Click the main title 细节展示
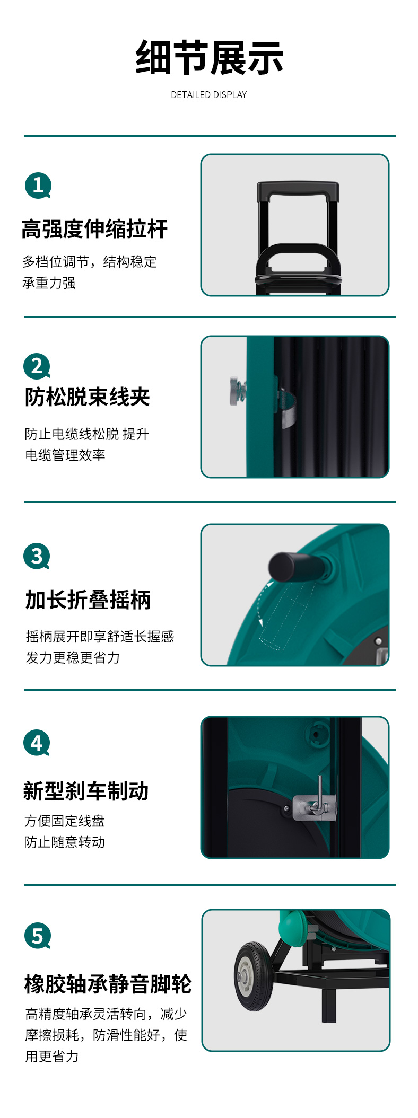click(209, 58)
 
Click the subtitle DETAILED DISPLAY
click(209, 95)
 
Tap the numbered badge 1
click(38, 186)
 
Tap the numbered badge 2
click(37, 366)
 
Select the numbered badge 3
click(37, 556)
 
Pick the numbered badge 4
click(37, 743)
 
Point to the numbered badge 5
click(38, 936)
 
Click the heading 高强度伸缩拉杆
click(94, 230)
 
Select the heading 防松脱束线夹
click(88, 397)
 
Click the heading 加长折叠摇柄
click(88, 600)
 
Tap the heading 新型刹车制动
click(86, 791)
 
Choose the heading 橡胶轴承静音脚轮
click(108, 984)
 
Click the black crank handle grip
click(292, 566)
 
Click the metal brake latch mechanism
click(315, 803)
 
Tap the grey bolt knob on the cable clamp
click(236, 391)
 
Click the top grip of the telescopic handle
click(298, 191)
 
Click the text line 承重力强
click(49, 283)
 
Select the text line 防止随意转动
click(65, 842)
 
